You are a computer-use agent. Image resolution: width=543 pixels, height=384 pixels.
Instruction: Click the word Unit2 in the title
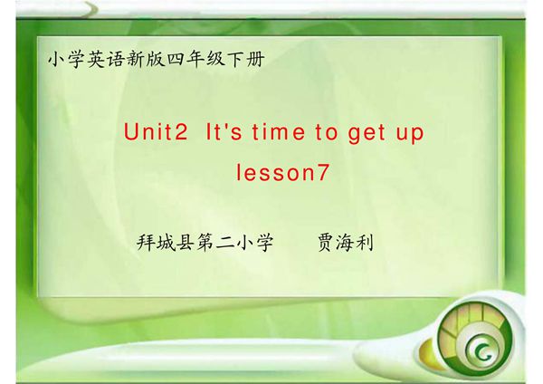(x=155, y=133)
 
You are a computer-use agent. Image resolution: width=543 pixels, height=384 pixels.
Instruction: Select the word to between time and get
(x=325, y=133)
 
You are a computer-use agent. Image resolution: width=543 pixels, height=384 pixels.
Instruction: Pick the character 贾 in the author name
(x=325, y=244)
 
